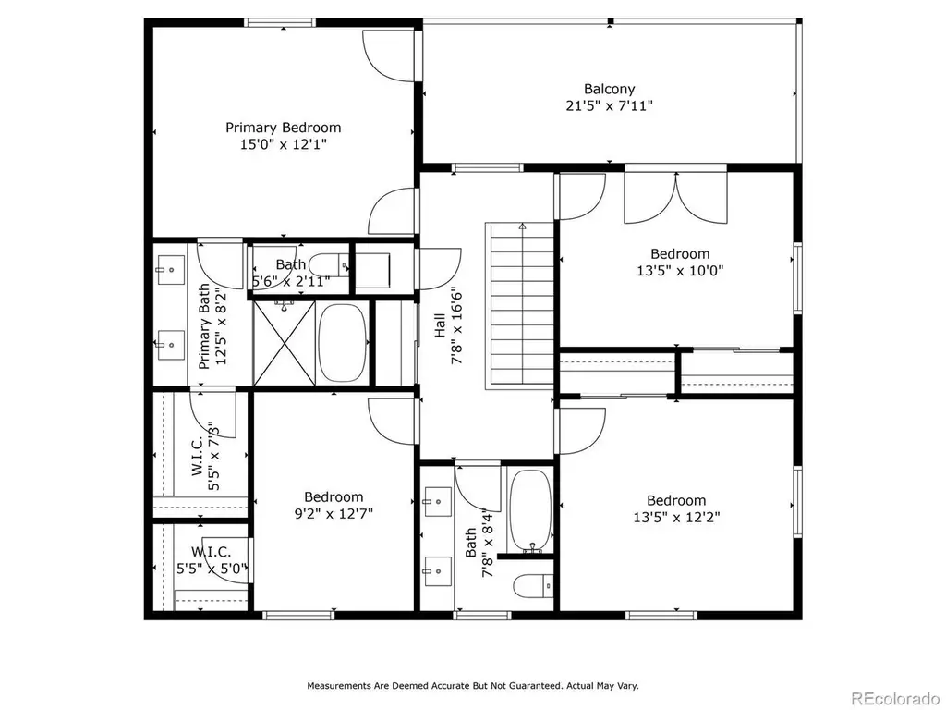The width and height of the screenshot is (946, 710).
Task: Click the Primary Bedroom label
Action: (x=283, y=128)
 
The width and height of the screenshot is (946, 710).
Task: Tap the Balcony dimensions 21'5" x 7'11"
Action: (x=610, y=105)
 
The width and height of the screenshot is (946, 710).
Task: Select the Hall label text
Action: (x=440, y=324)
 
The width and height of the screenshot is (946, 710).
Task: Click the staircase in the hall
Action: (x=520, y=305)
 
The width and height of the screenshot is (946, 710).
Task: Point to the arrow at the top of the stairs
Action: (x=523, y=226)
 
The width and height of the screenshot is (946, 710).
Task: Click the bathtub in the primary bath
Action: (x=342, y=342)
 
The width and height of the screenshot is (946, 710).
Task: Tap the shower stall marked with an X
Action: (x=285, y=342)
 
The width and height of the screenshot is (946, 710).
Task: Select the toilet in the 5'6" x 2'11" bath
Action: (x=329, y=265)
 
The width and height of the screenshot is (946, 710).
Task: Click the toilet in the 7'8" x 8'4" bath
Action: (x=533, y=585)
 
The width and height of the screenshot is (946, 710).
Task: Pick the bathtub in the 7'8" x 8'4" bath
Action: (x=530, y=510)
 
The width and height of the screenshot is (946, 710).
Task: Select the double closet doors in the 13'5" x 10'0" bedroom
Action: (x=675, y=198)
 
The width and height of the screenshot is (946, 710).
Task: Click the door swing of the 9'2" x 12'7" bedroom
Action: (x=392, y=422)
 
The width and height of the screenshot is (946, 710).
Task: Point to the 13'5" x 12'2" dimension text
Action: (x=676, y=518)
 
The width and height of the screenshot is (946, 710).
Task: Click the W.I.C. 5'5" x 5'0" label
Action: (x=212, y=559)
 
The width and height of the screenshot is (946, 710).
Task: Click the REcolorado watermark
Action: (x=895, y=699)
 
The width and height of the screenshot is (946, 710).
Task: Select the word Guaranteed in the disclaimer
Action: (x=533, y=686)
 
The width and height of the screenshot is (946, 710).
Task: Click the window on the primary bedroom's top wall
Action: (x=279, y=23)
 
